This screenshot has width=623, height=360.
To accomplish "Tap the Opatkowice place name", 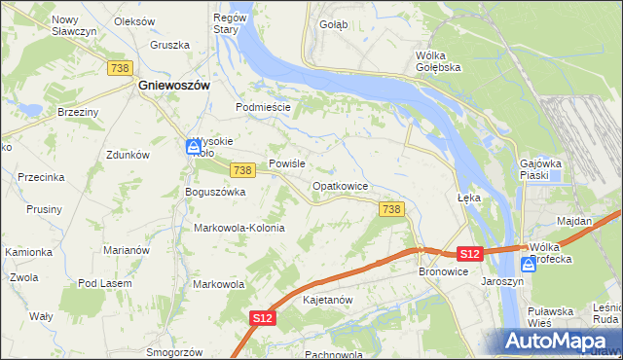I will (x=340, y=185).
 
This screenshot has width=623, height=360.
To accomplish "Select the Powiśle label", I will (x=288, y=163).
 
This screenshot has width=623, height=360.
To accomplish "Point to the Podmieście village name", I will (x=264, y=107).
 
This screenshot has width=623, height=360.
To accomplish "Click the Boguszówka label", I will (x=215, y=192).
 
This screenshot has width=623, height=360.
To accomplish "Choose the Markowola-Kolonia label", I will (x=239, y=228).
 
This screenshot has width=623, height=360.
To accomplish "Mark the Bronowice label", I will (x=445, y=272).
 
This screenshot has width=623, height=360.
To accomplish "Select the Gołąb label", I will (x=333, y=24).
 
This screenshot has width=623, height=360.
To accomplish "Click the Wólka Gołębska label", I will (x=437, y=61).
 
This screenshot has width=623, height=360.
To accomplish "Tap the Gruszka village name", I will (x=168, y=45).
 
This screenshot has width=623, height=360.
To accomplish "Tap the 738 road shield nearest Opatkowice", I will (x=391, y=209).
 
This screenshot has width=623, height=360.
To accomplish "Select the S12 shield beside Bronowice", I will (x=470, y=254).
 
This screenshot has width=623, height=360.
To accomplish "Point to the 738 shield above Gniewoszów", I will (x=121, y=67).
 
